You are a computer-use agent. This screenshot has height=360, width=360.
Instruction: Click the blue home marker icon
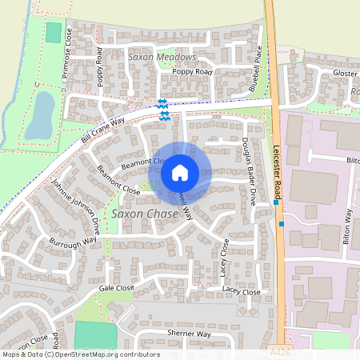180,171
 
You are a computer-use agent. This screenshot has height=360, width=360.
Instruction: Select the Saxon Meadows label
162,58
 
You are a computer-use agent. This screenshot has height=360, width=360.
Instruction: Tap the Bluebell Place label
256,69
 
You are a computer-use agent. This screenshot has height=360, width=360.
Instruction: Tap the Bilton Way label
348,227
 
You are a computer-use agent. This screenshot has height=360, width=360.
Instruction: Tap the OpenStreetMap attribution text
80,354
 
